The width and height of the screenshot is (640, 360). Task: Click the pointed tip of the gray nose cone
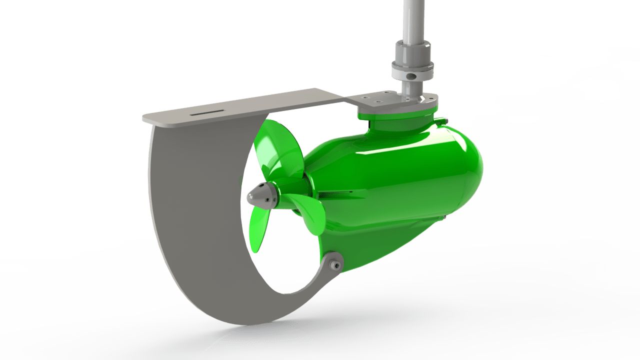[x=248, y=195]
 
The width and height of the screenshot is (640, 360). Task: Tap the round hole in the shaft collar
[x=411, y=76]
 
